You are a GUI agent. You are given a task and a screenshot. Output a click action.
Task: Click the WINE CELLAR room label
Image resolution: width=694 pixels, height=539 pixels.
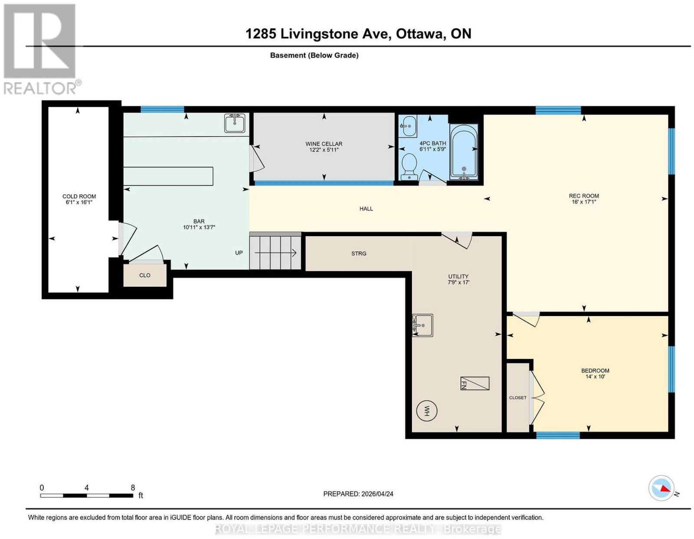[324, 144]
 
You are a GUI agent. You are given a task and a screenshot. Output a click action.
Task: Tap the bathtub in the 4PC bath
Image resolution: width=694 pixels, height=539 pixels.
[464, 152]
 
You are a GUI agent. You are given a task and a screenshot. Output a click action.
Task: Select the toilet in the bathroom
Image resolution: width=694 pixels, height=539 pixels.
[409, 167]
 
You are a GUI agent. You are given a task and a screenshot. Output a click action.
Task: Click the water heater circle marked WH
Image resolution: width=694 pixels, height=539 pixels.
[427, 411]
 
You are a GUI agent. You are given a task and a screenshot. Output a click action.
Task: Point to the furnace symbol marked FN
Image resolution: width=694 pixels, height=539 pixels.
[475, 383]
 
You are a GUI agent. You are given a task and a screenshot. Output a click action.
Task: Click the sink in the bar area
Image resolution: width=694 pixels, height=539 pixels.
[235, 123]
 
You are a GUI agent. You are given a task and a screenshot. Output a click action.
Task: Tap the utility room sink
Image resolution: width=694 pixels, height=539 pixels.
[422, 325]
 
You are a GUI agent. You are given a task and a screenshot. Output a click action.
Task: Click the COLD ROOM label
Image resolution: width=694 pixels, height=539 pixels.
[79, 196]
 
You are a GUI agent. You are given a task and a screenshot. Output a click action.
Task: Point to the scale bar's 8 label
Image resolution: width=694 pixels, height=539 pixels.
[133, 488]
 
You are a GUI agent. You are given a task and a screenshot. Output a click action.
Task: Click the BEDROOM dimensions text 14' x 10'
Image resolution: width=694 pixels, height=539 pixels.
[595, 376]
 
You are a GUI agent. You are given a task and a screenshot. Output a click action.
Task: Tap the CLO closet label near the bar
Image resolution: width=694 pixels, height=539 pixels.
[145, 275]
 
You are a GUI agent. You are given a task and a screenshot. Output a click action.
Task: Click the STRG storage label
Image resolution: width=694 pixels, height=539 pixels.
[359, 253]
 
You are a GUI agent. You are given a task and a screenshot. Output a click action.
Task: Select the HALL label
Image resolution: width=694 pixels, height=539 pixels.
[366, 209]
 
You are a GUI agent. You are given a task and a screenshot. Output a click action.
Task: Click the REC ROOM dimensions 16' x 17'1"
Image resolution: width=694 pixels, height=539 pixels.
[584, 202]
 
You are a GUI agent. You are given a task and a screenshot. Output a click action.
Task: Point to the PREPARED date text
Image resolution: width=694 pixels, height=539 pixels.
[358, 494]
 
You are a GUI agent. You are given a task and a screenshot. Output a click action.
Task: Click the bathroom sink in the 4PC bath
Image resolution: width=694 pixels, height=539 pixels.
[408, 126]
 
